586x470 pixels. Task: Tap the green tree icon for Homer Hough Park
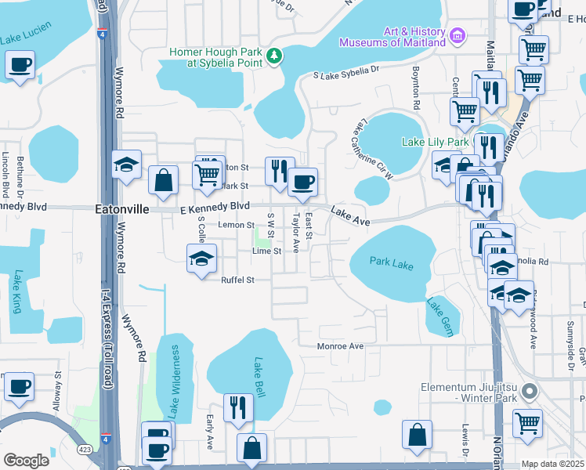click(274, 55)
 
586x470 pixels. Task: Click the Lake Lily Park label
click(434, 143)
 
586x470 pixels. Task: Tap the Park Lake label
click(391, 265)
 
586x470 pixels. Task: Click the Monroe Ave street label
click(340, 345)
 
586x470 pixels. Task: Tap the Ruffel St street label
click(238, 280)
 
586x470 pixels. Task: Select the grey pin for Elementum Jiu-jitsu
click(530, 390)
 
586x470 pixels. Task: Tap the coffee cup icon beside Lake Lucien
click(20, 65)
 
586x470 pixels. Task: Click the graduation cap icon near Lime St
click(201, 258)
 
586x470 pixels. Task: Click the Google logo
click(26, 461)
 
